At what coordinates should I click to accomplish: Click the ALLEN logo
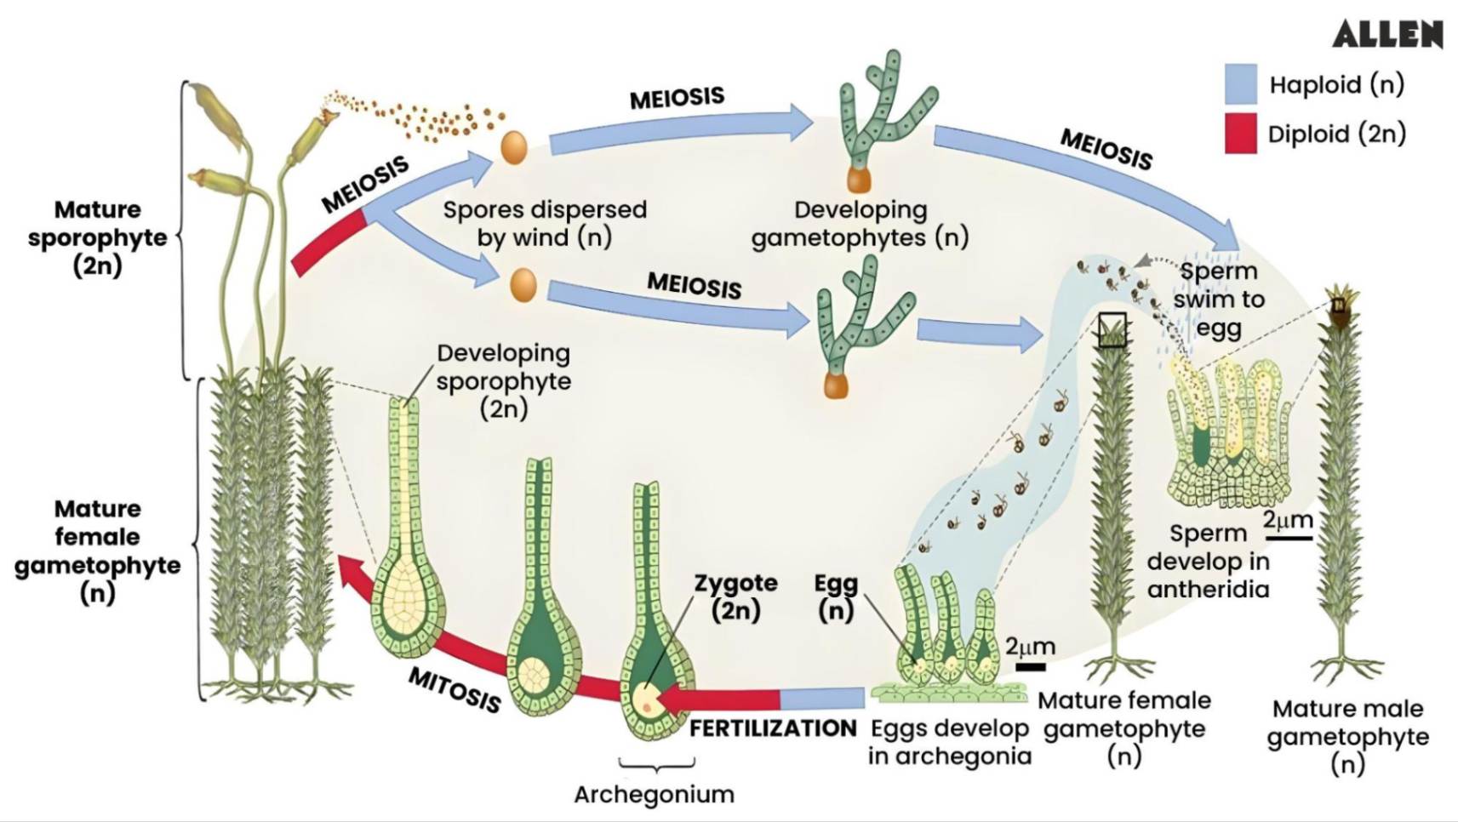click(x=1387, y=34)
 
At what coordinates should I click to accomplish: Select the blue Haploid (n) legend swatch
click(x=1240, y=84)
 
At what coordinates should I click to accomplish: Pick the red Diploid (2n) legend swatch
click(x=1240, y=134)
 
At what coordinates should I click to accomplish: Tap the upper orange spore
click(x=513, y=147)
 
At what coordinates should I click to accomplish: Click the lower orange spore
click(x=523, y=284)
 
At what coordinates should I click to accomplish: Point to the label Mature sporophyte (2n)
click(x=97, y=237)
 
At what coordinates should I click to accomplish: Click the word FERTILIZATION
click(x=772, y=728)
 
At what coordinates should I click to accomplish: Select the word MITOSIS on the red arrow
click(x=455, y=689)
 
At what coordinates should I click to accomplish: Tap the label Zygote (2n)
click(x=735, y=597)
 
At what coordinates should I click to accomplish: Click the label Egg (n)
click(x=836, y=597)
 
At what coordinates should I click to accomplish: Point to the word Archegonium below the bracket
click(x=654, y=794)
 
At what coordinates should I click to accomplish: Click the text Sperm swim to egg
click(x=1218, y=300)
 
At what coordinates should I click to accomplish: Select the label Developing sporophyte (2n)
click(x=503, y=381)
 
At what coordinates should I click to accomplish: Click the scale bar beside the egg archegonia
click(x=1030, y=667)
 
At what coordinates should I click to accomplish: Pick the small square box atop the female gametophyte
click(x=1112, y=329)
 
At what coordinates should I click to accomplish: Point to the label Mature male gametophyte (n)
click(x=1347, y=736)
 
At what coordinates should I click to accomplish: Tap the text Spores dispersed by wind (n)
click(x=544, y=223)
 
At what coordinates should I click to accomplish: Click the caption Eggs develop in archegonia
click(x=949, y=742)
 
